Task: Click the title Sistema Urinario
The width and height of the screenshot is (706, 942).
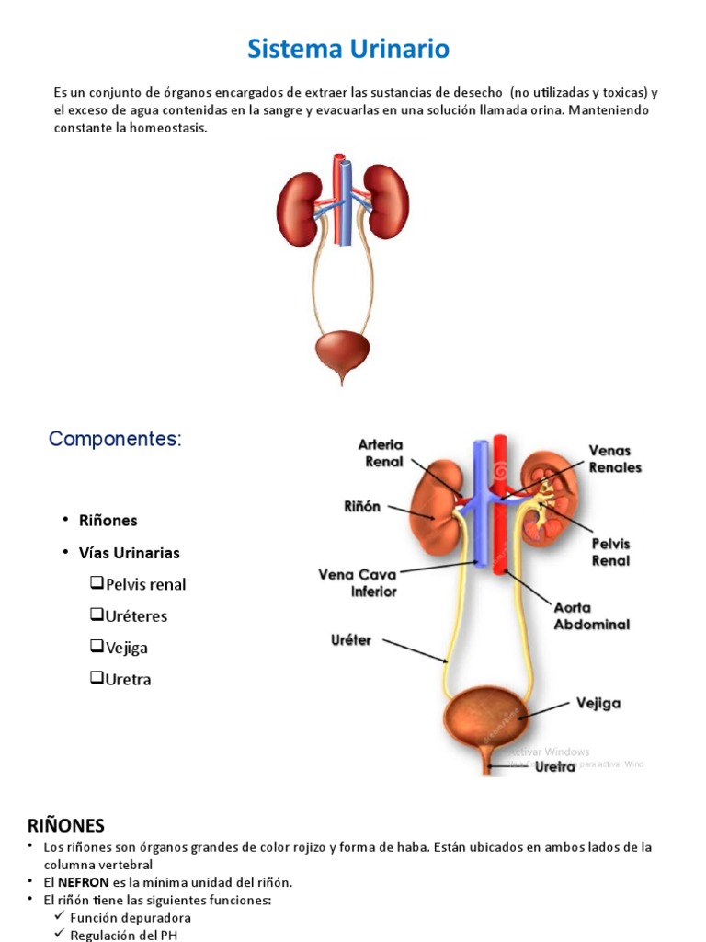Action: point(348,49)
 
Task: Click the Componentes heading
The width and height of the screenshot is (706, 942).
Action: point(115,439)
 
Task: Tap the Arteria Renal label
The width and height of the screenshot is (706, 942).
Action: point(380,454)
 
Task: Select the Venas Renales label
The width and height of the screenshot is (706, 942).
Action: point(615,459)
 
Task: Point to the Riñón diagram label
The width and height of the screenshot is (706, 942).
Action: point(362,507)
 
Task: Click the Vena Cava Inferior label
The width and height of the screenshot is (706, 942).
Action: point(358,583)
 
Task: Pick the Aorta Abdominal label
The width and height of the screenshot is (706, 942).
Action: point(591,615)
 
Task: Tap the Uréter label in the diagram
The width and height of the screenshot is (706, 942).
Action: point(350,639)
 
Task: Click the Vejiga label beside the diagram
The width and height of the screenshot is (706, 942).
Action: point(598,703)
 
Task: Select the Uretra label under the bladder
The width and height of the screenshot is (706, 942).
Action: point(555,766)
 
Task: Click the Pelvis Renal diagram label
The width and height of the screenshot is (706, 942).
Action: point(610,551)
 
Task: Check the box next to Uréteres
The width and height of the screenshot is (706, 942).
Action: point(97,615)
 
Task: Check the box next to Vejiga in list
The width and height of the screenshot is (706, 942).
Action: point(97,647)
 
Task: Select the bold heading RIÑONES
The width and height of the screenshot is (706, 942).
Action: point(66,824)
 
